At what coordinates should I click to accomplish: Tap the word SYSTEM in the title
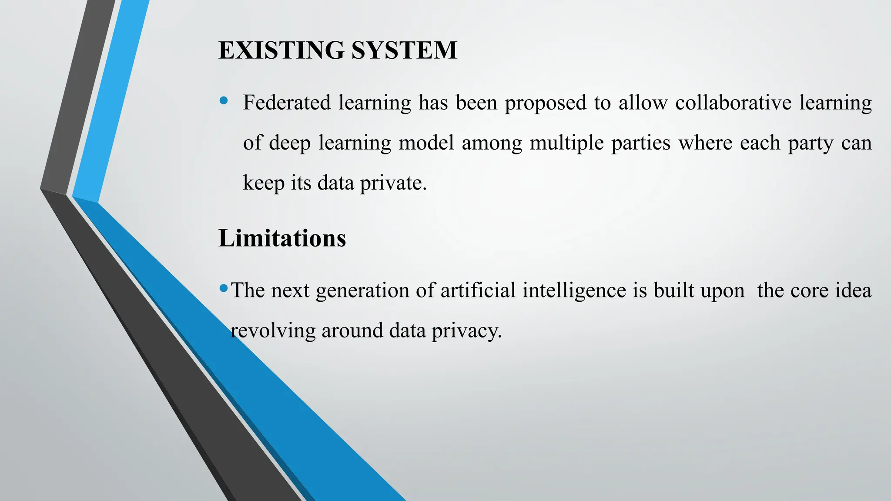click(404, 50)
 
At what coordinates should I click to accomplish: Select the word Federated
click(287, 103)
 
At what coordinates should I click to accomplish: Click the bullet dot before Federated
click(224, 101)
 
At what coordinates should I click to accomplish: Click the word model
click(426, 143)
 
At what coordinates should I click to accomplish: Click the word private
click(393, 183)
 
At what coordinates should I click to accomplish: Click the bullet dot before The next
click(224, 288)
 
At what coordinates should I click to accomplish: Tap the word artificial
click(478, 290)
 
